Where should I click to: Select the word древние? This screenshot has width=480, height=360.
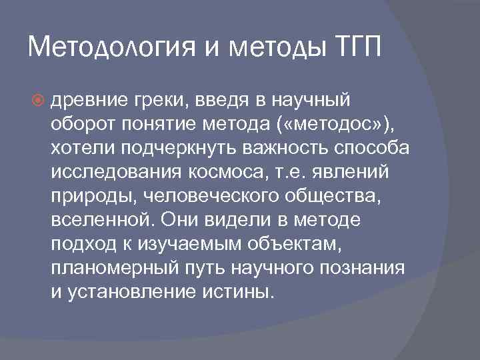pyautogui.click(x=84, y=100)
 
